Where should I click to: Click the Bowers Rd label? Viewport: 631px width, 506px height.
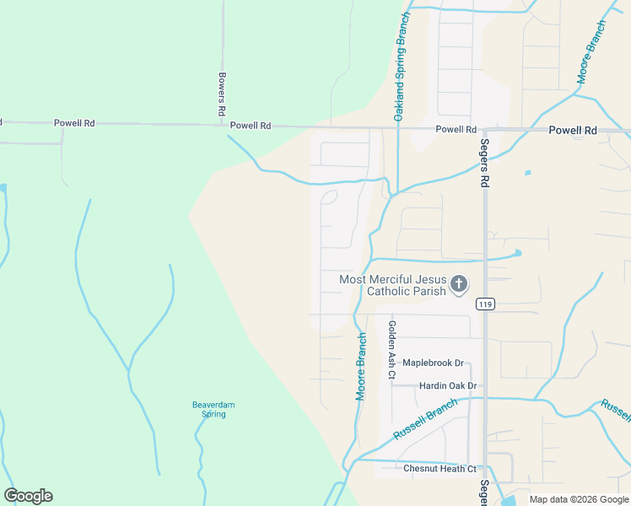(222, 94)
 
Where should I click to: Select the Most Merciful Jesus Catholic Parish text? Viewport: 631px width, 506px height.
(392, 285)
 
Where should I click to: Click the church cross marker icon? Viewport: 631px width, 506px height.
(459, 284)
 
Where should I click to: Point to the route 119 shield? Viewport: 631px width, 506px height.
(484, 303)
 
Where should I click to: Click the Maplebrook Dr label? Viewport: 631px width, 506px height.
(433, 363)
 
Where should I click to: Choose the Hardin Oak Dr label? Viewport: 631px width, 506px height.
(448, 386)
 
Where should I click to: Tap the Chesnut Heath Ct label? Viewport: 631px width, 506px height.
(440, 469)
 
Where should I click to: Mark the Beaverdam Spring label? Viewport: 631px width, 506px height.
(213, 409)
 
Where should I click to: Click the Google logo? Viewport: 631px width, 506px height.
(29, 496)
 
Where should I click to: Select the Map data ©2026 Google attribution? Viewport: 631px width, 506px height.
(578, 499)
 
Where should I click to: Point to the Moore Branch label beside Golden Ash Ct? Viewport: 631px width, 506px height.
(360, 366)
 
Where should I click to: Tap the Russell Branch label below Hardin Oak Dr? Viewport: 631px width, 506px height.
(425, 419)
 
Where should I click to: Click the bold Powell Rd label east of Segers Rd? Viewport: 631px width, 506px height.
(573, 131)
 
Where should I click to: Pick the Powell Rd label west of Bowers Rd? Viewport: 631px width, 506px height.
(74, 123)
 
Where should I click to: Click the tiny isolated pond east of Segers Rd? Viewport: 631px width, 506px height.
(527, 173)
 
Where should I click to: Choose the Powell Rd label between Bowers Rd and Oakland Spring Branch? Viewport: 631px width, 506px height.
(251, 126)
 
